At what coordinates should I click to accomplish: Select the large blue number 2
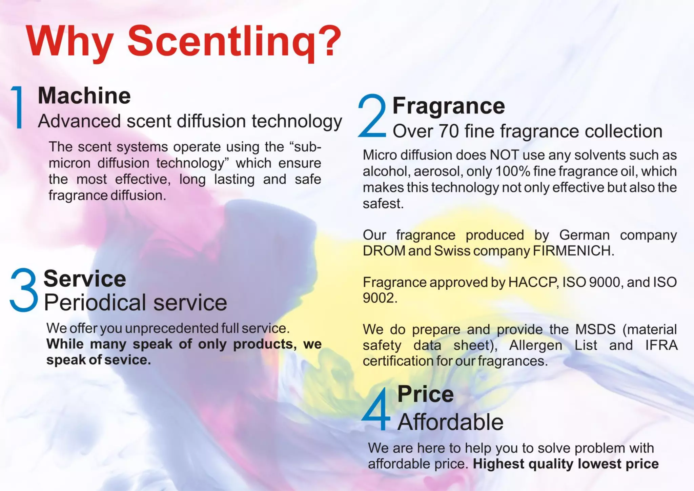click(x=372, y=116)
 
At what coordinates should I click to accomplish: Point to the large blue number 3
click(x=24, y=290)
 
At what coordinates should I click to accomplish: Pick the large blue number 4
click(x=376, y=409)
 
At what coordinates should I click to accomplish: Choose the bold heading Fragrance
click(x=449, y=106)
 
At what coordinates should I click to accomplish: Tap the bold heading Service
click(x=85, y=279)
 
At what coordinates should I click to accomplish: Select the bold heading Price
click(x=426, y=394)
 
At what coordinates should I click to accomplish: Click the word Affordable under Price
click(x=450, y=422)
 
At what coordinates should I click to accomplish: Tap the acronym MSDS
click(x=595, y=329)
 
